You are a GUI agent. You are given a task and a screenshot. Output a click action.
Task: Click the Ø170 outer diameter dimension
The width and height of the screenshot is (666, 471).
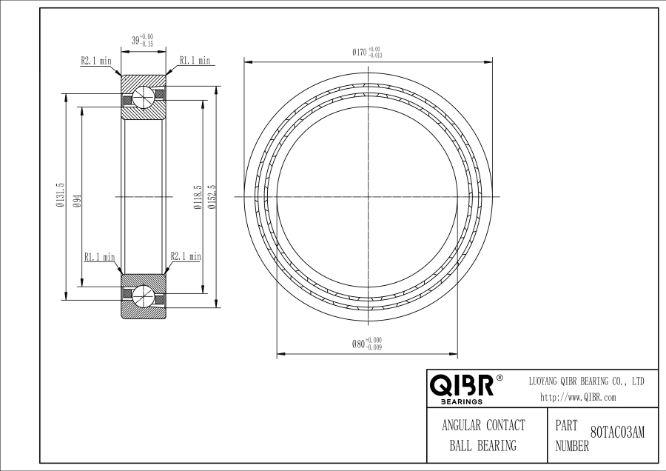(x=367, y=53)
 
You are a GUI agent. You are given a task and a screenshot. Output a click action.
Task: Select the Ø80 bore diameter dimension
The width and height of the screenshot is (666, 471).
(x=367, y=344)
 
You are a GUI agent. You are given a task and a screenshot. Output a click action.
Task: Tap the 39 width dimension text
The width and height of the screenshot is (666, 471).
(x=142, y=41)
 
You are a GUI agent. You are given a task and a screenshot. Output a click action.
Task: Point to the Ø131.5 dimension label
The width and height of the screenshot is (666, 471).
(x=60, y=195)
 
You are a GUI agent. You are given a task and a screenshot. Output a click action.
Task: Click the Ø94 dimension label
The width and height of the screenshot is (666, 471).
(x=77, y=199)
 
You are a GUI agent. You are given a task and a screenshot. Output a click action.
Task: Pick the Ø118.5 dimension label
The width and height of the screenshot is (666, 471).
(x=197, y=197)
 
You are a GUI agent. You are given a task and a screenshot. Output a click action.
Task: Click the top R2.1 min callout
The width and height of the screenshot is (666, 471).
(x=96, y=61)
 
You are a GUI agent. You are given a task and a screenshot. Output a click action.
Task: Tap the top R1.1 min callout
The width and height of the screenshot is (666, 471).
(x=195, y=61)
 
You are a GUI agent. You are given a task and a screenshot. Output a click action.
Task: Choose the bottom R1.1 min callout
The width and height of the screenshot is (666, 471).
(x=100, y=257)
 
